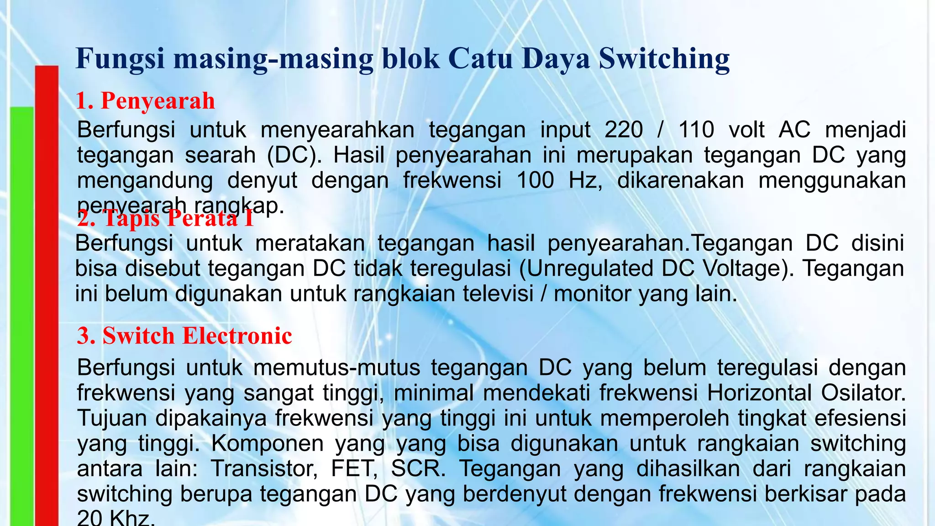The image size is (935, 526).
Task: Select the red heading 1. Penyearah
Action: (x=145, y=100)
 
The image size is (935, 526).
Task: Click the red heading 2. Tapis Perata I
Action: (x=165, y=218)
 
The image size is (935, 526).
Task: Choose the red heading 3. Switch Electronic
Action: (x=184, y=336)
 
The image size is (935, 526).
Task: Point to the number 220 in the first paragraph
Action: (x=624, y=130)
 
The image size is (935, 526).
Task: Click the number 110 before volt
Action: (x=697, y=130)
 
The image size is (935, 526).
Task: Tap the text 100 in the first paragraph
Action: (x=535, y=180)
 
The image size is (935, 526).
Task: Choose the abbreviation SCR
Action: (x=418, y=469)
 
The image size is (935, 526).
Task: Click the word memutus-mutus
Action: (x=337, y=368)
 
